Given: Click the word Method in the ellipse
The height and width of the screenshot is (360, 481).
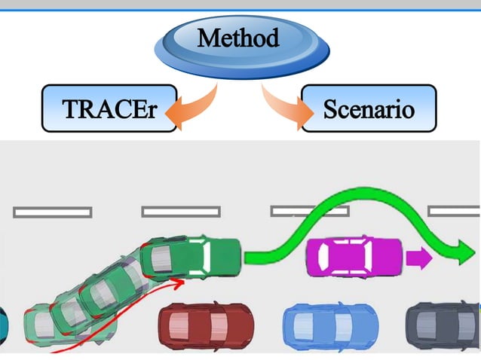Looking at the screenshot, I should (x=238, y=37).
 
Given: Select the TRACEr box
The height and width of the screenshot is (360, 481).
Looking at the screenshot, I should (x=109, y=109).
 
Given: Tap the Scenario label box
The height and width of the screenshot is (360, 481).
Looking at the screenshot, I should (x=369, y=109).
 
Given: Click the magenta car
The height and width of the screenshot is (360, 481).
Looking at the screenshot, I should (x=354, y=257).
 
